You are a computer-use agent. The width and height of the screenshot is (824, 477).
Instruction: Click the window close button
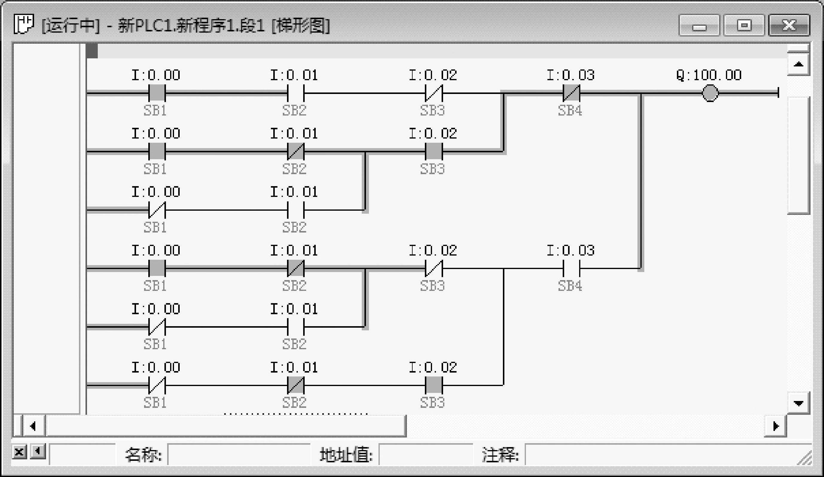coord(789,25)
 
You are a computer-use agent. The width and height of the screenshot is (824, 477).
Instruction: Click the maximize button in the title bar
coord(744,25)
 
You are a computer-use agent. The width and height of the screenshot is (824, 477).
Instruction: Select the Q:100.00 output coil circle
coord(710,93)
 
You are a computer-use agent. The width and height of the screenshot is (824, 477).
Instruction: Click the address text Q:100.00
coord(709,75)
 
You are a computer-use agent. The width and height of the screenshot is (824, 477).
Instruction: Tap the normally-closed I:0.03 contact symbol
coord(571,93)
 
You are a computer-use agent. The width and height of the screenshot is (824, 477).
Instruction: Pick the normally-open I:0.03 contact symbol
coord(571,268)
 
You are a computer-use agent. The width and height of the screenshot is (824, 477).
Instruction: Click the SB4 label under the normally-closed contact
coord(570,111)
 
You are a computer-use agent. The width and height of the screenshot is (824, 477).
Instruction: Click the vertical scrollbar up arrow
coord(799,64)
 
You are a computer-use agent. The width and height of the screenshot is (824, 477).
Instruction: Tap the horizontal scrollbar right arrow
coord(775,426)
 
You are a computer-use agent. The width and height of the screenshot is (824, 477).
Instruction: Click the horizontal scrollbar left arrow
coord(33,426)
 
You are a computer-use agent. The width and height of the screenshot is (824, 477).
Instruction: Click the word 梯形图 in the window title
coord(300,25)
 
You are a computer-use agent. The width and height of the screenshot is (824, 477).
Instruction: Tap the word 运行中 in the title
coord(71,25)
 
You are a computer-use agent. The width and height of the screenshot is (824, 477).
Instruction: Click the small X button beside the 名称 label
coord(19,452)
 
